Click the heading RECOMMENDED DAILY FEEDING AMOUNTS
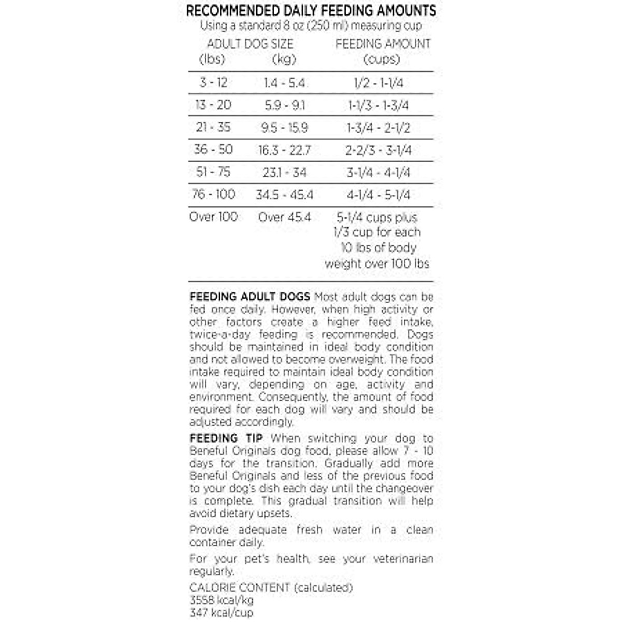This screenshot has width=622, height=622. click(x=311, y=10)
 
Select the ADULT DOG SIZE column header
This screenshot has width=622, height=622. click(x=250, y=44)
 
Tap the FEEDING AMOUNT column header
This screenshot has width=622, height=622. click(x=383, y=44)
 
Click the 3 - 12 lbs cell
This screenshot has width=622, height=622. click(x=214, y=82)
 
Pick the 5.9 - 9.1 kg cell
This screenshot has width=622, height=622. click(x=285, y=105)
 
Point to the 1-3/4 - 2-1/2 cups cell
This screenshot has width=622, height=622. click(x=378, y=128)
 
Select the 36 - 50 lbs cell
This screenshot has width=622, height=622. click(x=214, y=150)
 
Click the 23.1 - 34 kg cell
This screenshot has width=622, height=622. click(x=285, y=172)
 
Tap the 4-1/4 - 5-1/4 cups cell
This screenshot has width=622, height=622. click(x=378, y=195)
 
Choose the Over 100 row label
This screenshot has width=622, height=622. click(x=214, y=217)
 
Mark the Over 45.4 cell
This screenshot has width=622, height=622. click(x=285, y=217)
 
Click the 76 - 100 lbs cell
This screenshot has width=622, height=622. click(x=214, y=194)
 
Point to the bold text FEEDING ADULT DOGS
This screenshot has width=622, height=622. click(x=250, y=297)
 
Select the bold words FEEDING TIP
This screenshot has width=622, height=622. click(x=226, y=439)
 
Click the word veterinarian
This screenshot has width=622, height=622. click(x=403, y=559)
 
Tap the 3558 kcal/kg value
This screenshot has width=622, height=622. click(x=221, y=600)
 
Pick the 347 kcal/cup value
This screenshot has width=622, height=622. click(x=221, y=613)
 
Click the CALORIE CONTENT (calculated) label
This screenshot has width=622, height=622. click(x=271, y=588)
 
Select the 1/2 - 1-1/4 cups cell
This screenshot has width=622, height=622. click(x=378, y=83)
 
